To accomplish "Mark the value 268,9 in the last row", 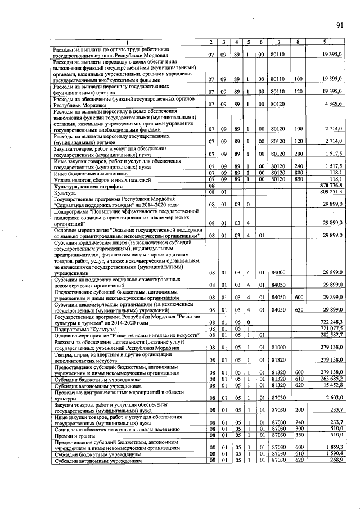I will (x=335, y=461).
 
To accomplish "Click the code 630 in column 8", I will (x=299, y=309).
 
